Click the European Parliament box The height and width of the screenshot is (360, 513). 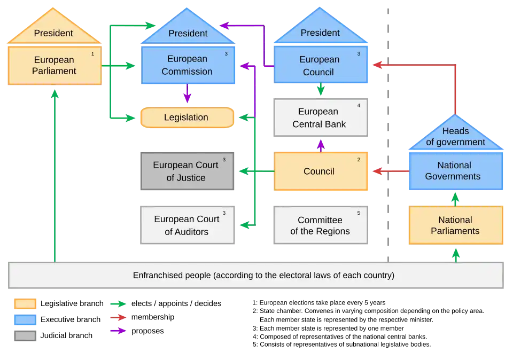coord(54,65)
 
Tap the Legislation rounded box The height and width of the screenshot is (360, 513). coord(186,118)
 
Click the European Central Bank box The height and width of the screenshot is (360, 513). coord(319,118)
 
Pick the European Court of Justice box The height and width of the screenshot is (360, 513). coord(186,171)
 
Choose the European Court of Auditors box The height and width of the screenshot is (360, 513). coord(186,225)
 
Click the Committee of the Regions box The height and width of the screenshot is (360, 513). coord(320,225)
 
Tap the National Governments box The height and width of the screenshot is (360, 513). coord(455,171)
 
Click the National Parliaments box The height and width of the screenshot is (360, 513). coord(455,225)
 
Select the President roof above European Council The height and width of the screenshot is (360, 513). coord(320,33)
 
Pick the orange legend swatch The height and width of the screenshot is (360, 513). coord(25,304)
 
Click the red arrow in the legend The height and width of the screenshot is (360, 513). coord(118,317)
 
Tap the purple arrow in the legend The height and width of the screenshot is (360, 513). coord(118,331)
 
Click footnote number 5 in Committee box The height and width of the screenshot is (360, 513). coord(359,213)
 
